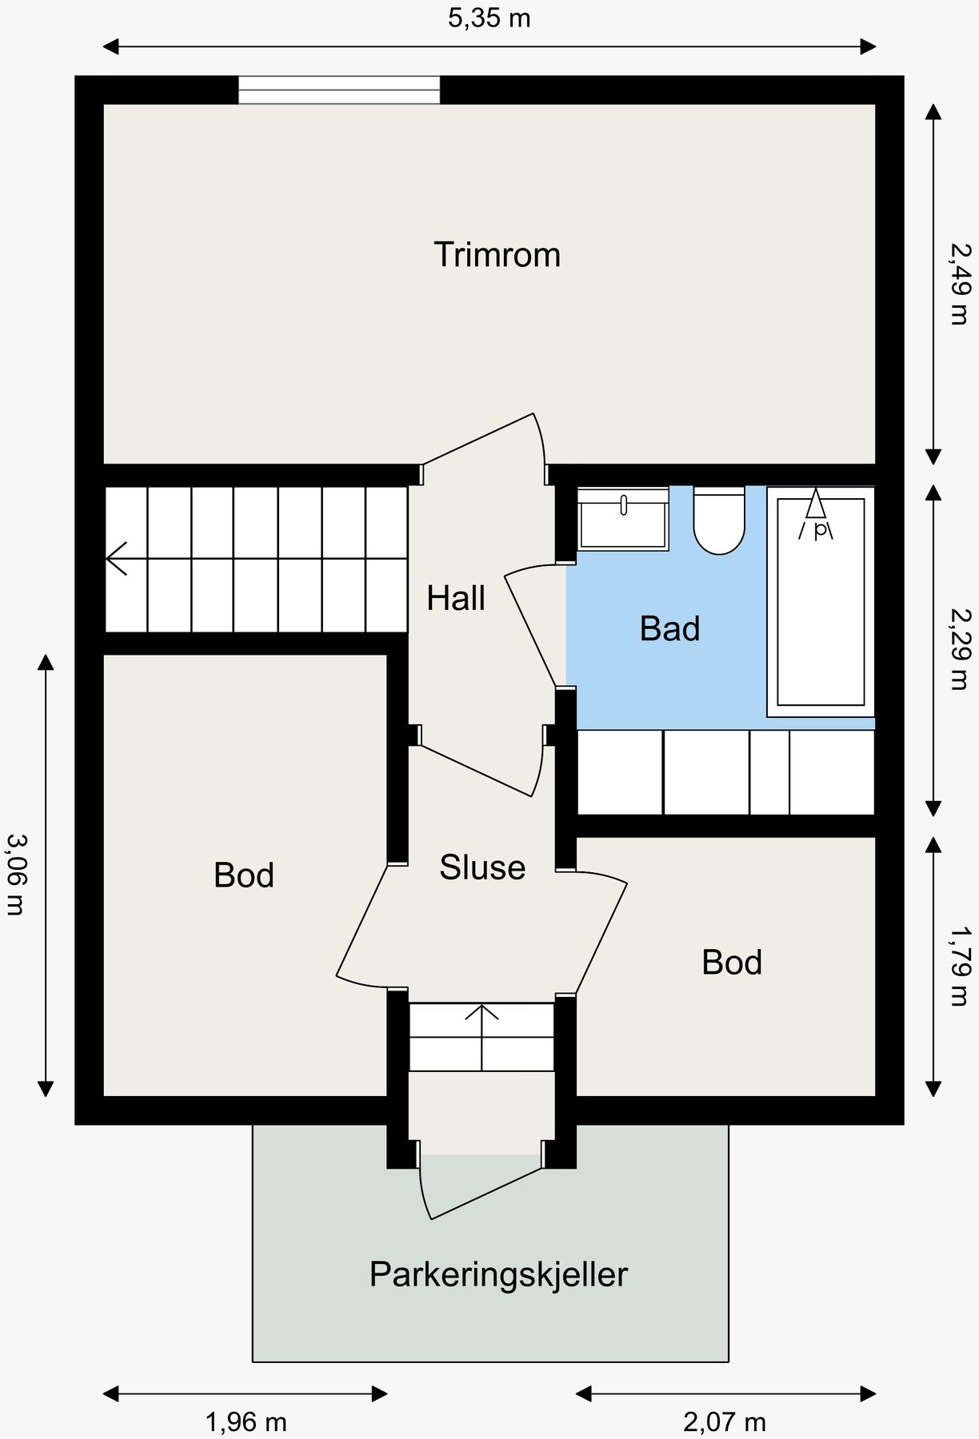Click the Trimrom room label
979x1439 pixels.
point(497,254)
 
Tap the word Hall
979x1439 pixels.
point(456,598)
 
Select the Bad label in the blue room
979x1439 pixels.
point(670,628)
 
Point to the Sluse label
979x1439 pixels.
point(482,867)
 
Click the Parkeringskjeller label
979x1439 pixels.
point(498,1274)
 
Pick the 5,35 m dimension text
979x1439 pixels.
point(489,18)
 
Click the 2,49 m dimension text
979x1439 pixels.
point(959,283)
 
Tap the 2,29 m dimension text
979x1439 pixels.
point(959,648)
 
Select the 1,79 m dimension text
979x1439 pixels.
point(959,964)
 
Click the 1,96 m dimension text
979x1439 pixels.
point(246,1422)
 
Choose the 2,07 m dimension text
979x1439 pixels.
point(724,1422)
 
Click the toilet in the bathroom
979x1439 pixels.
point(719,520)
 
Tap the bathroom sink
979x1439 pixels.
point(623,519)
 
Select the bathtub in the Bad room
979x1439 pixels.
point(821,601)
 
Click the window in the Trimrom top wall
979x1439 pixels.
point(339,90)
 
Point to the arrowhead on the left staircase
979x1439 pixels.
point(117,558)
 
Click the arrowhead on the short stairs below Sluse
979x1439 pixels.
point(482,1011)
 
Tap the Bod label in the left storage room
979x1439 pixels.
point(244,875)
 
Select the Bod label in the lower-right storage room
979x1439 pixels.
point(732,963)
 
